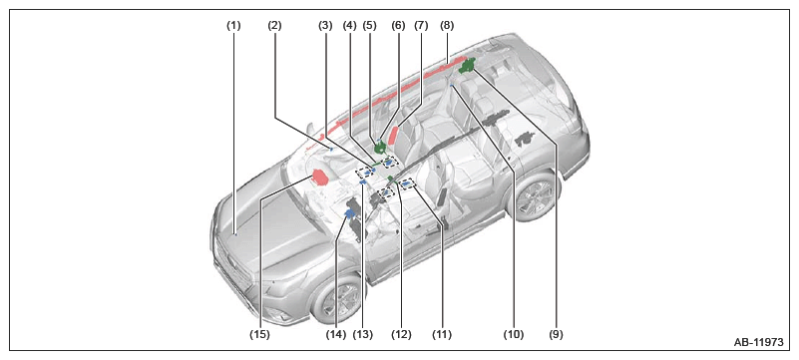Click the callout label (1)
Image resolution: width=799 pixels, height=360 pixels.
pos(233,26)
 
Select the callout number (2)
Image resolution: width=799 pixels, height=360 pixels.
pos(274,26)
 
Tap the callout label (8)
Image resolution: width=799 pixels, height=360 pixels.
pos(447,26)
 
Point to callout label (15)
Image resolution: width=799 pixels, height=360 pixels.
pos(259,334)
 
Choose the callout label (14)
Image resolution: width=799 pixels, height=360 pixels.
pos(336,334)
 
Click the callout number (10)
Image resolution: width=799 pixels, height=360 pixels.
pos(513,334)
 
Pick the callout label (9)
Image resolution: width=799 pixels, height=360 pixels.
pos(556,334)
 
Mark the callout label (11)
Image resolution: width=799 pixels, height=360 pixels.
pos(441,334)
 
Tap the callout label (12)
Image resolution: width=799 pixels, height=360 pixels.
pos(401,334)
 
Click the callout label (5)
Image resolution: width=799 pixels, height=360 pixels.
pos(371,26)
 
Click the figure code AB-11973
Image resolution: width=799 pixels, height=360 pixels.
pos(758,342)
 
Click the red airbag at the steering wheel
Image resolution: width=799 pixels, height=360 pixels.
pos(319,179)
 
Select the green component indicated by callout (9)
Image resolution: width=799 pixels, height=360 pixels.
pos(467,66)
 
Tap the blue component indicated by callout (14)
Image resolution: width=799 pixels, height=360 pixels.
pos(350,213)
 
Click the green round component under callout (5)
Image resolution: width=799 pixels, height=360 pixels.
pos(380,149)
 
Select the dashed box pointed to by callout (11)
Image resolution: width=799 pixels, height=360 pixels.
pos(408,183)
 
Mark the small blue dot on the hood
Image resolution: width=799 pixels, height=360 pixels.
pos(236,234)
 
